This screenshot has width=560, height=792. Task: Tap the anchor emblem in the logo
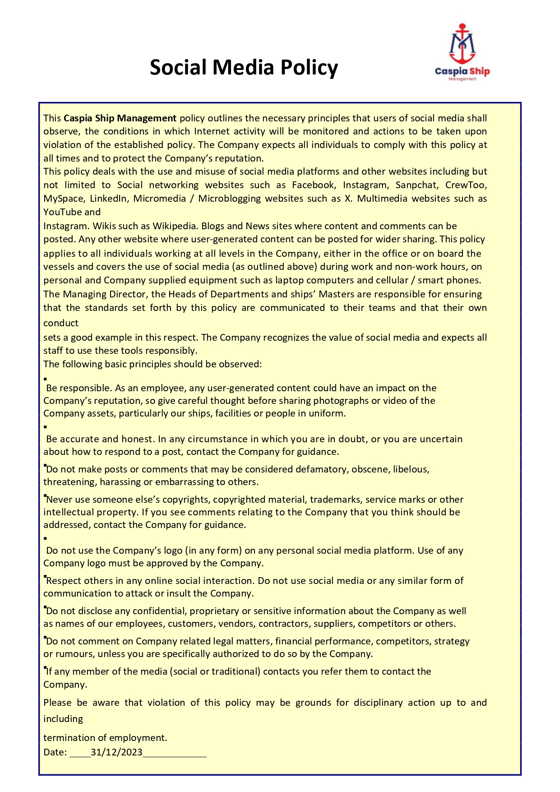(462, 44)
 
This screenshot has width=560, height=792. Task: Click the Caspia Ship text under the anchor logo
(462, 71)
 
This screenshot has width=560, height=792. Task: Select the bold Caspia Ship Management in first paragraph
(120, 118)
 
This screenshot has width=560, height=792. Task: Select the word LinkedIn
(108, 199)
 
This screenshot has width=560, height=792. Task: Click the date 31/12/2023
(116, 752)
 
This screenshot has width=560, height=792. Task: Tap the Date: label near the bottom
(55, 752)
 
